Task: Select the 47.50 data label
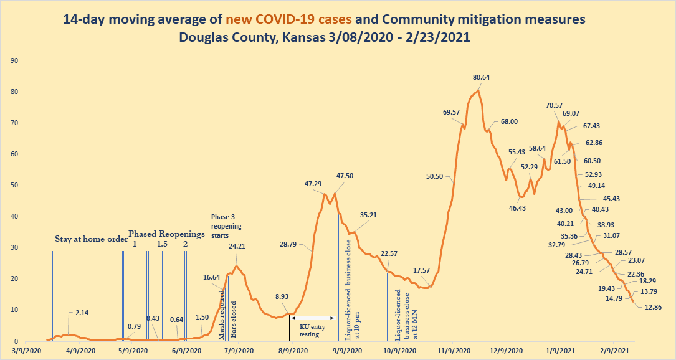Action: coord(345,176)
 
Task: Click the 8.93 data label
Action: coord(282,296)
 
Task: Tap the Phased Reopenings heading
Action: coord(166,234)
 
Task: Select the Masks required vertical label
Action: coord(221,315)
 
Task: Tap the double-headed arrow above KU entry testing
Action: coord(313,318)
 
